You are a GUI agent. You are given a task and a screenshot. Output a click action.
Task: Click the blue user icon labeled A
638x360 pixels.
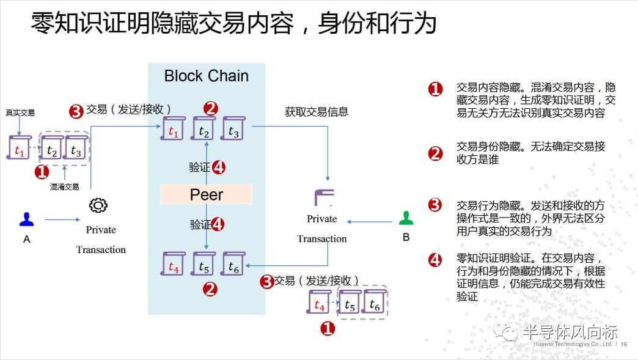point(26,219)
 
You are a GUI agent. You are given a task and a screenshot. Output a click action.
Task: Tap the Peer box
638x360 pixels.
point(206,194)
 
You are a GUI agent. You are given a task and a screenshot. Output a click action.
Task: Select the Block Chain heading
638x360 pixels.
point(207,76)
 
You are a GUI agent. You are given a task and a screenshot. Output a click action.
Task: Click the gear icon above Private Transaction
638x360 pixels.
point(98,205)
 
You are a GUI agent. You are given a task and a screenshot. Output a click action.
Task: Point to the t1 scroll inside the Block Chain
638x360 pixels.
point(174,129)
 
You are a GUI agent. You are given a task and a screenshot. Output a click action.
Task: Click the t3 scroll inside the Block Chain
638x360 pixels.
point(233,129)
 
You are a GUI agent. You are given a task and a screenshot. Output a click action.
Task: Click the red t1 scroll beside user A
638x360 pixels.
point(18,149)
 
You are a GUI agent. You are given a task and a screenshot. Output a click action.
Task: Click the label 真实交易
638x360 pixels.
point(20,113)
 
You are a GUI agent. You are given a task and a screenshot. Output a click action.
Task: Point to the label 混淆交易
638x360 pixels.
point(65,187)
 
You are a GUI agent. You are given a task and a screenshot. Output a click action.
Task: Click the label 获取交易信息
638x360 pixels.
point(317,112)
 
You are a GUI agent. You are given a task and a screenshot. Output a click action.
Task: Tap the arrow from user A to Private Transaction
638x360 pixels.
point(61,219)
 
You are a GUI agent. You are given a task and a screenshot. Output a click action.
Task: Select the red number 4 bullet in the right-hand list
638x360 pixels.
point(435,260)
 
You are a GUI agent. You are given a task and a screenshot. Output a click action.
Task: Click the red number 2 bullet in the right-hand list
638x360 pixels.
point(435,153)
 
